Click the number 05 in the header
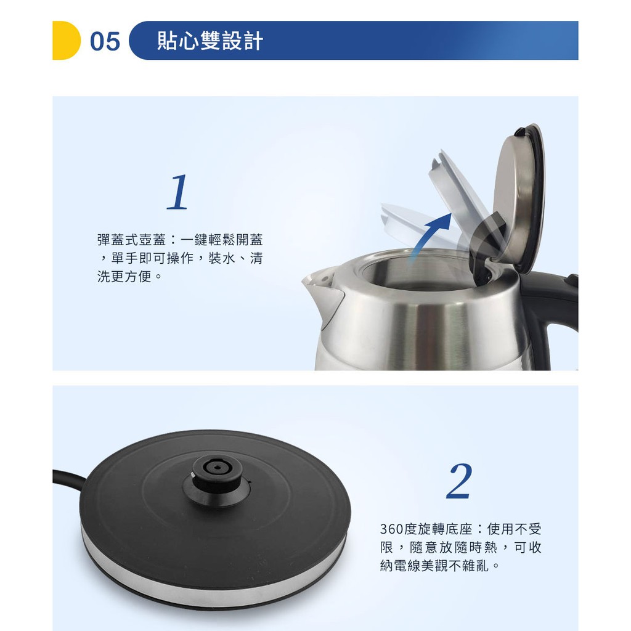point(105,41)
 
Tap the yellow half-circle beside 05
point(66,40)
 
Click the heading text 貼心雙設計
point(210,41)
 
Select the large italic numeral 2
point(459,481)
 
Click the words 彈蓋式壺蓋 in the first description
point(132,240)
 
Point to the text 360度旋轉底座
point(426,529)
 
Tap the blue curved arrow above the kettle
point(429,237)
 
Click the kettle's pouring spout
point(322,294)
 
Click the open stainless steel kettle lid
point(519,197)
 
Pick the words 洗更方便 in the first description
point(124,277)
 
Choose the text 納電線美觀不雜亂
point(434,566)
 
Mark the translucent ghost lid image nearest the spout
point(418,226)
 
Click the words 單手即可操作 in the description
point(153,258)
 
